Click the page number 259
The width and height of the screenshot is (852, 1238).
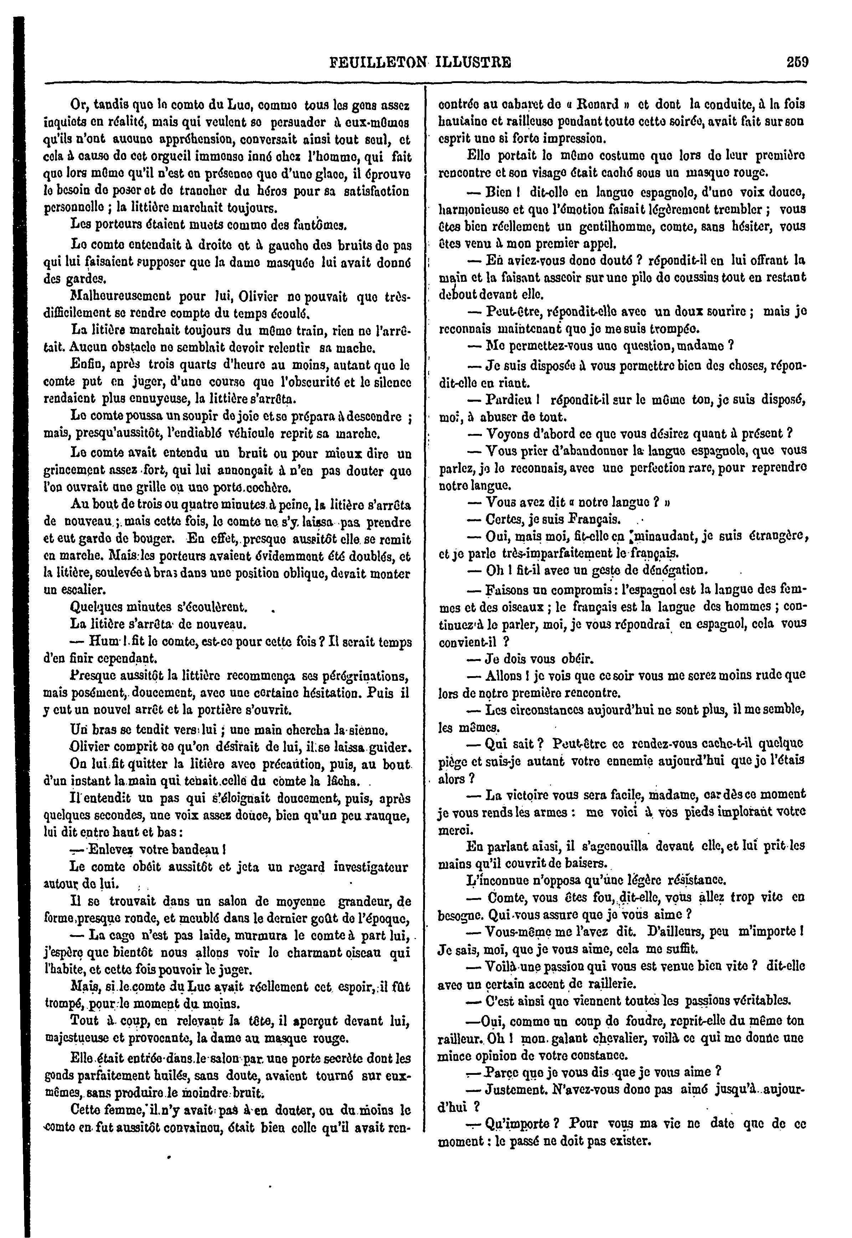click(797, 62)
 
